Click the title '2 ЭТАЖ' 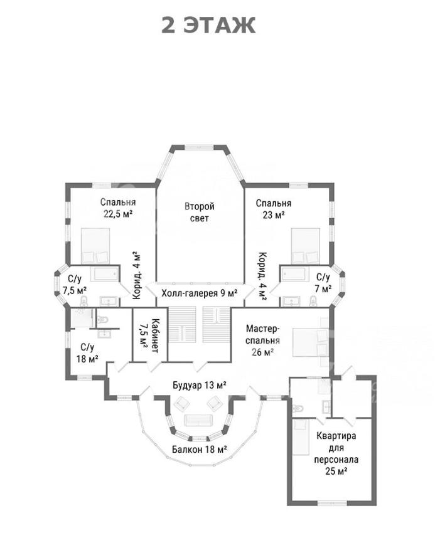click(x=208, y=25)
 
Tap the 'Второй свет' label click(x=200, y=212)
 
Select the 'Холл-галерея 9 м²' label click(x=200, y=293)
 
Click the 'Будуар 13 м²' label click(x=200, y=385)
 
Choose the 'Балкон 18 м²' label click(x=199, y=450)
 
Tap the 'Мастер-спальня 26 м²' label click(x=263, y=340)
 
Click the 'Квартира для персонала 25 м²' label click(x=336, y=453)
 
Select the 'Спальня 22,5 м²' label click(x=118, y=208)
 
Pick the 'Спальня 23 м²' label click(x=274, y=209)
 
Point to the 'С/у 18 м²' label click(x=87, y=353)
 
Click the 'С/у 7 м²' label click(x=323, y=283)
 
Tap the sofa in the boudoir click(x=198, y=420)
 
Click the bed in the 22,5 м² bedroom click(x=95, y=246)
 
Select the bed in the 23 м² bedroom click(x=306, y=246)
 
